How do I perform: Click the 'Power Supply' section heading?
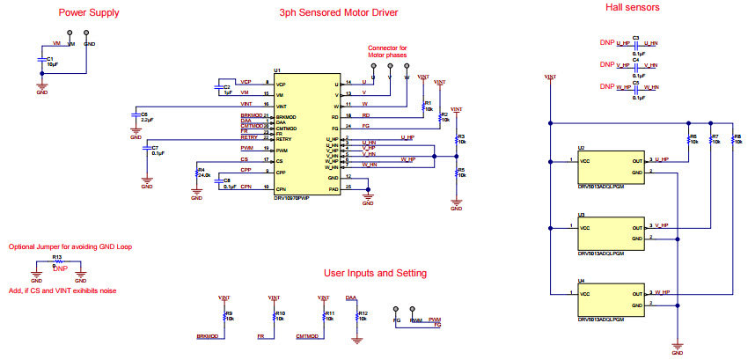89,13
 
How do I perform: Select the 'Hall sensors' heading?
632,7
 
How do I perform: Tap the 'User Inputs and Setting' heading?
375,274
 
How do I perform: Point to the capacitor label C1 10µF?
52,61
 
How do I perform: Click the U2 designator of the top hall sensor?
581,148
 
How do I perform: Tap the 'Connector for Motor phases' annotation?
388,51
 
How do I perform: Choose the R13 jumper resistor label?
57,258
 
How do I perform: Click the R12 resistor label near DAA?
364,315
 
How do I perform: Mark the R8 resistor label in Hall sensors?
737,139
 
